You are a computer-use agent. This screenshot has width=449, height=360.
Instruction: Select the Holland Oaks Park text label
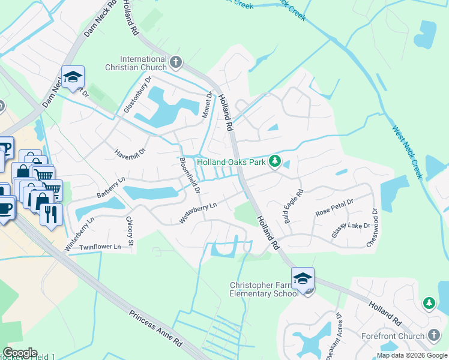(x=231, y=162)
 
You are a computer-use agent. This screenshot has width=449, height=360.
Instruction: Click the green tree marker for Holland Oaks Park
(x=275, y=161)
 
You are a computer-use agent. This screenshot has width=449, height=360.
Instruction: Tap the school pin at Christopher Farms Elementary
(x=303, y=278)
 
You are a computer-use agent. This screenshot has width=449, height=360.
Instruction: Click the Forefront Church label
(x=393, y=336)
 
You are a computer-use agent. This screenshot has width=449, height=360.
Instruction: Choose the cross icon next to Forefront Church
(x=434, y=335)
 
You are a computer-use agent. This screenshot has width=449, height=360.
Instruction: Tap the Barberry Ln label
(x=110, y=188)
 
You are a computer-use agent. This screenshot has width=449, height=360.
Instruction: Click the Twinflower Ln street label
(x=100, y=247)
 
